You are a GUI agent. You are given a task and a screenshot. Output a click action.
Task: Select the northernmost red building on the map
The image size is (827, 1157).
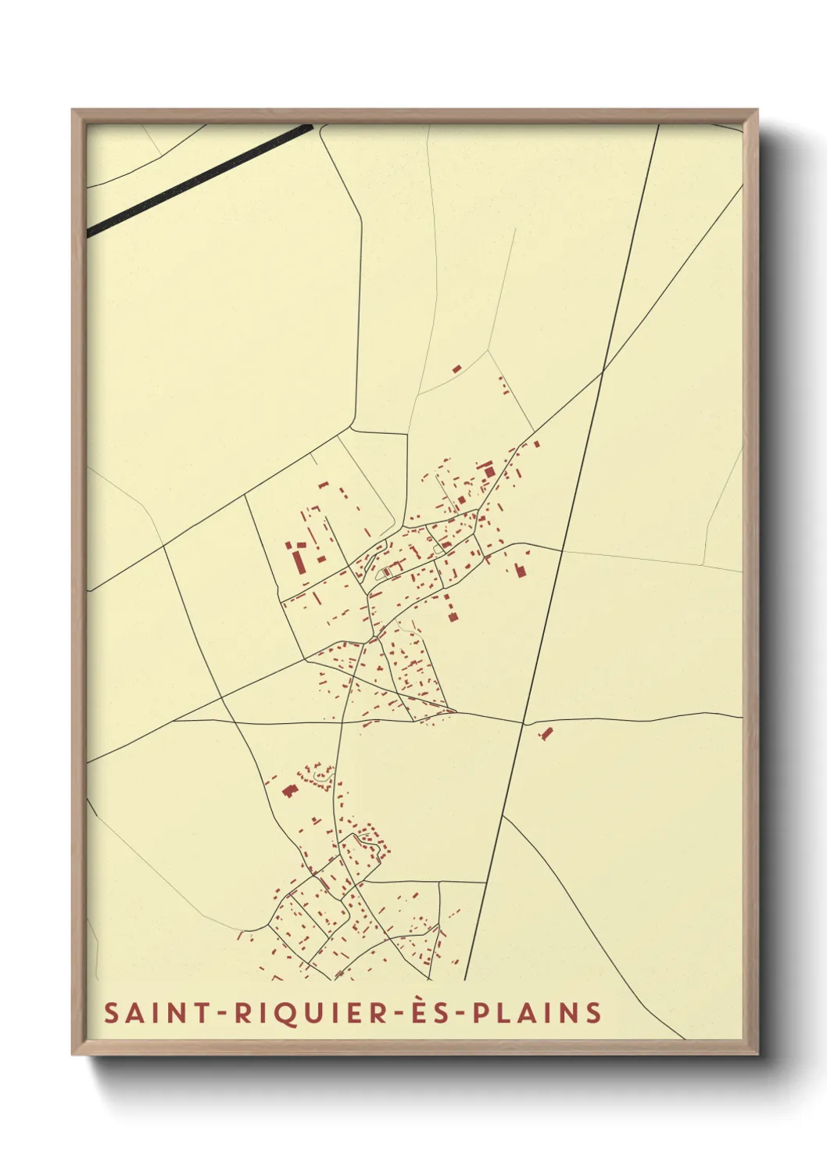[x=456, y=368]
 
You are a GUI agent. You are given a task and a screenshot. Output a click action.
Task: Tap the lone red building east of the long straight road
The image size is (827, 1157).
[x=546, y=733]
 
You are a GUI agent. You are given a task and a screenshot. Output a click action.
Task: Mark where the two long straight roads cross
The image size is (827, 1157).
[x=603, y=373]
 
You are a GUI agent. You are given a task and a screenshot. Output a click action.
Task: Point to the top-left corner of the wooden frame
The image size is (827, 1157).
[x=73, y=110]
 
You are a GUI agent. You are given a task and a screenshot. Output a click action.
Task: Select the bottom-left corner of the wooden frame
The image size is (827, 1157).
[x=73, y=1053]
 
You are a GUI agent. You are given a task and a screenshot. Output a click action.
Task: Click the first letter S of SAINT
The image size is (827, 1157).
[x=111, y=1013]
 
